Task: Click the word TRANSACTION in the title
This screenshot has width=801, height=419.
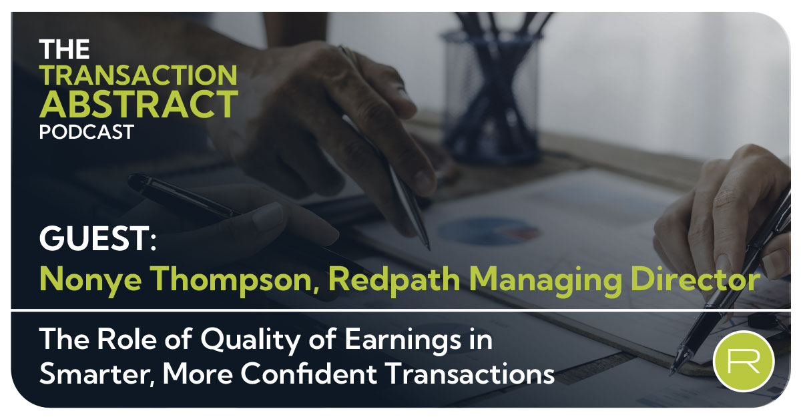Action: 138,75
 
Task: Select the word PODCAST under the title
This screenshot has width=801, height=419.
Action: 86,131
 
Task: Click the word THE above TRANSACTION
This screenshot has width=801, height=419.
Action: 64,49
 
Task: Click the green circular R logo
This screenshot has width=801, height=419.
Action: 743,361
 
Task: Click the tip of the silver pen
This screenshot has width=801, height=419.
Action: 427,248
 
